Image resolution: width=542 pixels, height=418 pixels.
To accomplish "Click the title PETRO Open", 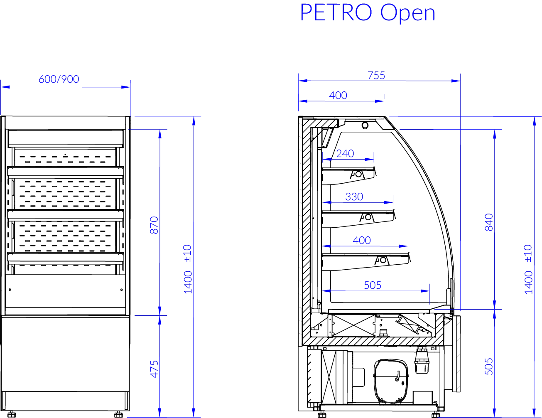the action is click(368, 13).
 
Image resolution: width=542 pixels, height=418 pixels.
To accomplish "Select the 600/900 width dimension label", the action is click(59, 79).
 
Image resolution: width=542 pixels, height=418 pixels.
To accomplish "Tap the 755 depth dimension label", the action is click(376, 75).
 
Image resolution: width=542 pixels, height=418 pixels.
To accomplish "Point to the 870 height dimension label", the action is click(154, 225).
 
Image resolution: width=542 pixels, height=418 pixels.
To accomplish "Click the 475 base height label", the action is click(154, 369).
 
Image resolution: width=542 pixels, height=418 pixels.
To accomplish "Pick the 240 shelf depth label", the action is click(345, 153).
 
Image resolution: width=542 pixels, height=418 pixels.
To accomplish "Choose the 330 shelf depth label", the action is click(354, 197).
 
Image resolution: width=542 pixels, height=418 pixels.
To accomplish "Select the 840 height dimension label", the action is click(489, 222).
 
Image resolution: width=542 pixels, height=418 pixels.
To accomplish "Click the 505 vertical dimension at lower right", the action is click(489, 366).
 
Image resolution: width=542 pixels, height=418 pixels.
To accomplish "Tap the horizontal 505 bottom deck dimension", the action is click(373, 285).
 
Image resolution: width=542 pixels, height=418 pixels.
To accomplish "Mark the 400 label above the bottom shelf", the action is click(362, 240).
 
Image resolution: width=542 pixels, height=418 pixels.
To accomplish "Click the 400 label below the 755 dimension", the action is click(338, 95).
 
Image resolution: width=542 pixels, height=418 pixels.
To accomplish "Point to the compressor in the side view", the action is click(390, 381).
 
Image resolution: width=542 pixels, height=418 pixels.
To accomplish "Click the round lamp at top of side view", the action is click(365, 125).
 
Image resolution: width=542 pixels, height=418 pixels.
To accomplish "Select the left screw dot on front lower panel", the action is click(10, 290).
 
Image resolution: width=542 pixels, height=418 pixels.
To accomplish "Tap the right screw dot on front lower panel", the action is click(121, 290).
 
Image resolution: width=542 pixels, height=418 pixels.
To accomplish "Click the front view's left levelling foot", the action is click(12, 414).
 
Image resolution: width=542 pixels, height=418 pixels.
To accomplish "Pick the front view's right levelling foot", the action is click(118, 414).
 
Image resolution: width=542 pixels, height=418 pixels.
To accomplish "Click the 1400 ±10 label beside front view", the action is click(188, 269).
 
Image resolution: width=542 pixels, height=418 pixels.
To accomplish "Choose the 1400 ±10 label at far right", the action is click(528, 269).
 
